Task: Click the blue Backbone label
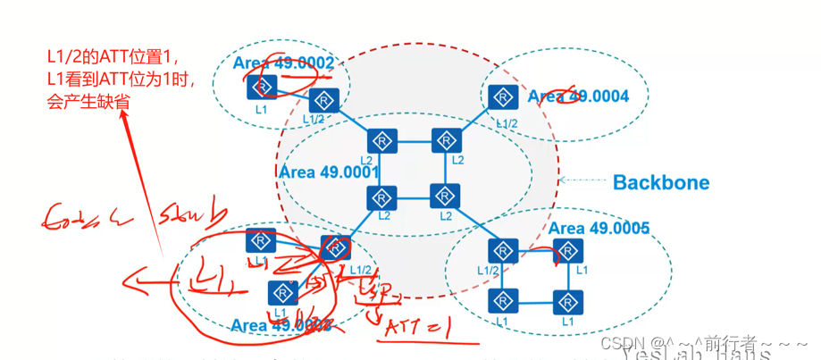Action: (660, 183)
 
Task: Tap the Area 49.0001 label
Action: (330, 172)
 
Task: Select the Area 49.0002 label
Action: (283, 63)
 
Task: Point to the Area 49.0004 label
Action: (578, 96)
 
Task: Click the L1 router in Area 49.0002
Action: (262, 87)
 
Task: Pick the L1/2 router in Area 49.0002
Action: (322, 100)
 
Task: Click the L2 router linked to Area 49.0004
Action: (444, 141)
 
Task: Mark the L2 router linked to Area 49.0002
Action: (381, 141)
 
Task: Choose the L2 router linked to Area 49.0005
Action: (444, 197)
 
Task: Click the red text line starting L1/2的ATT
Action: (113, 56)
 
